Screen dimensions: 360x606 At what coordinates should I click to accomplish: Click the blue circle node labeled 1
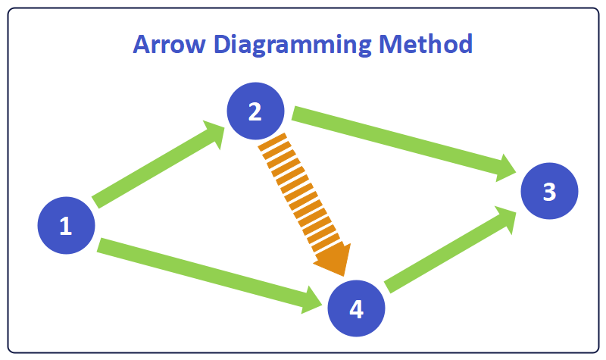pyautogui.click(x=66, y=225)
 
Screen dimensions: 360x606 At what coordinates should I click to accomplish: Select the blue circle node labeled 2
pyautogui.click(x=255, y=111)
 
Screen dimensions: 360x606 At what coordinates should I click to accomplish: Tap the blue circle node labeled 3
pyautogui.click(x=549, y=192)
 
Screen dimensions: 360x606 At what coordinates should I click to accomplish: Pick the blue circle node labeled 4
pyautogui.click(x=356, y=308)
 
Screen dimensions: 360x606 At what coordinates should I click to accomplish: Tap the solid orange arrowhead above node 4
pyautogui.click(x=333, y=260)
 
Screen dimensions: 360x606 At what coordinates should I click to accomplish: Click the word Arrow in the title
pyautogui.click(x=170, y=43)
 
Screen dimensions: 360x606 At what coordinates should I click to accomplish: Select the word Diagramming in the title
pyautogui.click(x=292, y=45)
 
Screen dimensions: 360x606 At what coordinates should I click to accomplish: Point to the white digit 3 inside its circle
pyautogui.click(x=549, y=192)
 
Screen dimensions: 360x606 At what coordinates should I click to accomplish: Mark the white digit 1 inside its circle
pyautogui.click(x=66, y=225)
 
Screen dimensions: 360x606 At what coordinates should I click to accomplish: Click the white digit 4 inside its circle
pyautogui.click(x=356, y=308)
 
